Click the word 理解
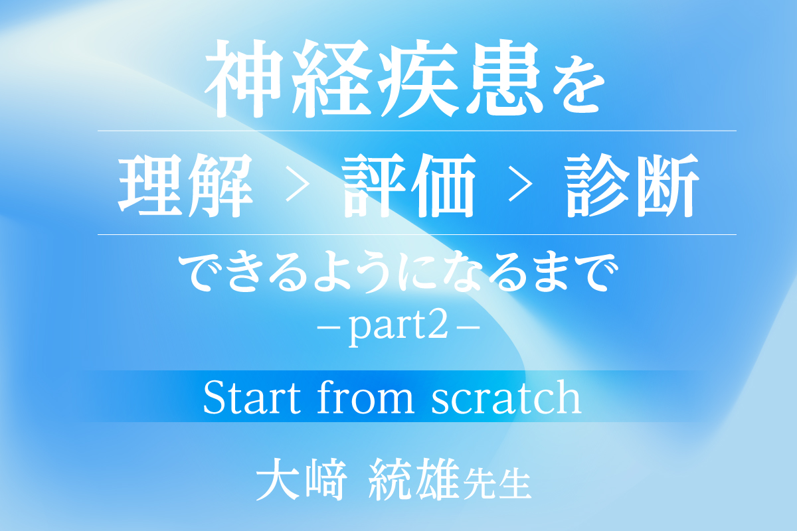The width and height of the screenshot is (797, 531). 185,185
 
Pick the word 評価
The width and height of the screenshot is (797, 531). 409,185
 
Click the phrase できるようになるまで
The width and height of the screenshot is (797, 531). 398,272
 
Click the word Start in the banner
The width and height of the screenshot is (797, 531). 252,397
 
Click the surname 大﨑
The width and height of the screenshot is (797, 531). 302,479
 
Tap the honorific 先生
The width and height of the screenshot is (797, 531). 497,483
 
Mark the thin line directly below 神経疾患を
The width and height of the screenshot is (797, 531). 417,131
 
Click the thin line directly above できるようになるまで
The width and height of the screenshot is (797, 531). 417,235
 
